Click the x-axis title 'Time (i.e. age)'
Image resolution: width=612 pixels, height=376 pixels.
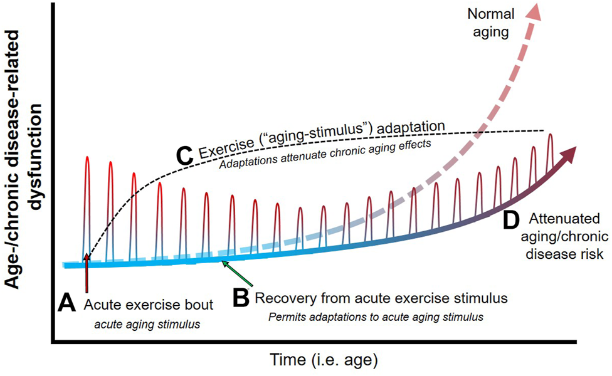click(324, 361)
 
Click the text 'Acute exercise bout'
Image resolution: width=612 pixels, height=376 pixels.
click(148, 305)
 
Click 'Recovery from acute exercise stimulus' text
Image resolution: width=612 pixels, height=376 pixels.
click(380, 297)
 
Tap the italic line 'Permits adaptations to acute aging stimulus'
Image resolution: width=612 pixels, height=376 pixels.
click(376, 316)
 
